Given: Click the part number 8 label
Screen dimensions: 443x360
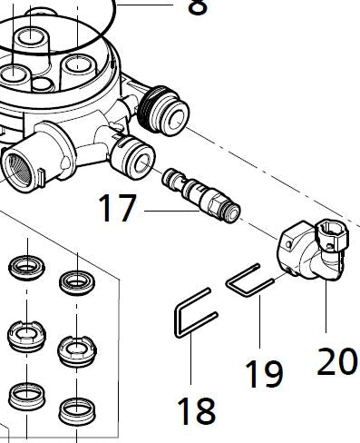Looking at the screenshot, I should pos(195,7).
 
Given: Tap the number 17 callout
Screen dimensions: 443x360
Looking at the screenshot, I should pos(118,211).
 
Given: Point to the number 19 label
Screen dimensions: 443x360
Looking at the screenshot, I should pos(262,373).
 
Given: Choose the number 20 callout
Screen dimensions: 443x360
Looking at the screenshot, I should pos(336,361).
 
